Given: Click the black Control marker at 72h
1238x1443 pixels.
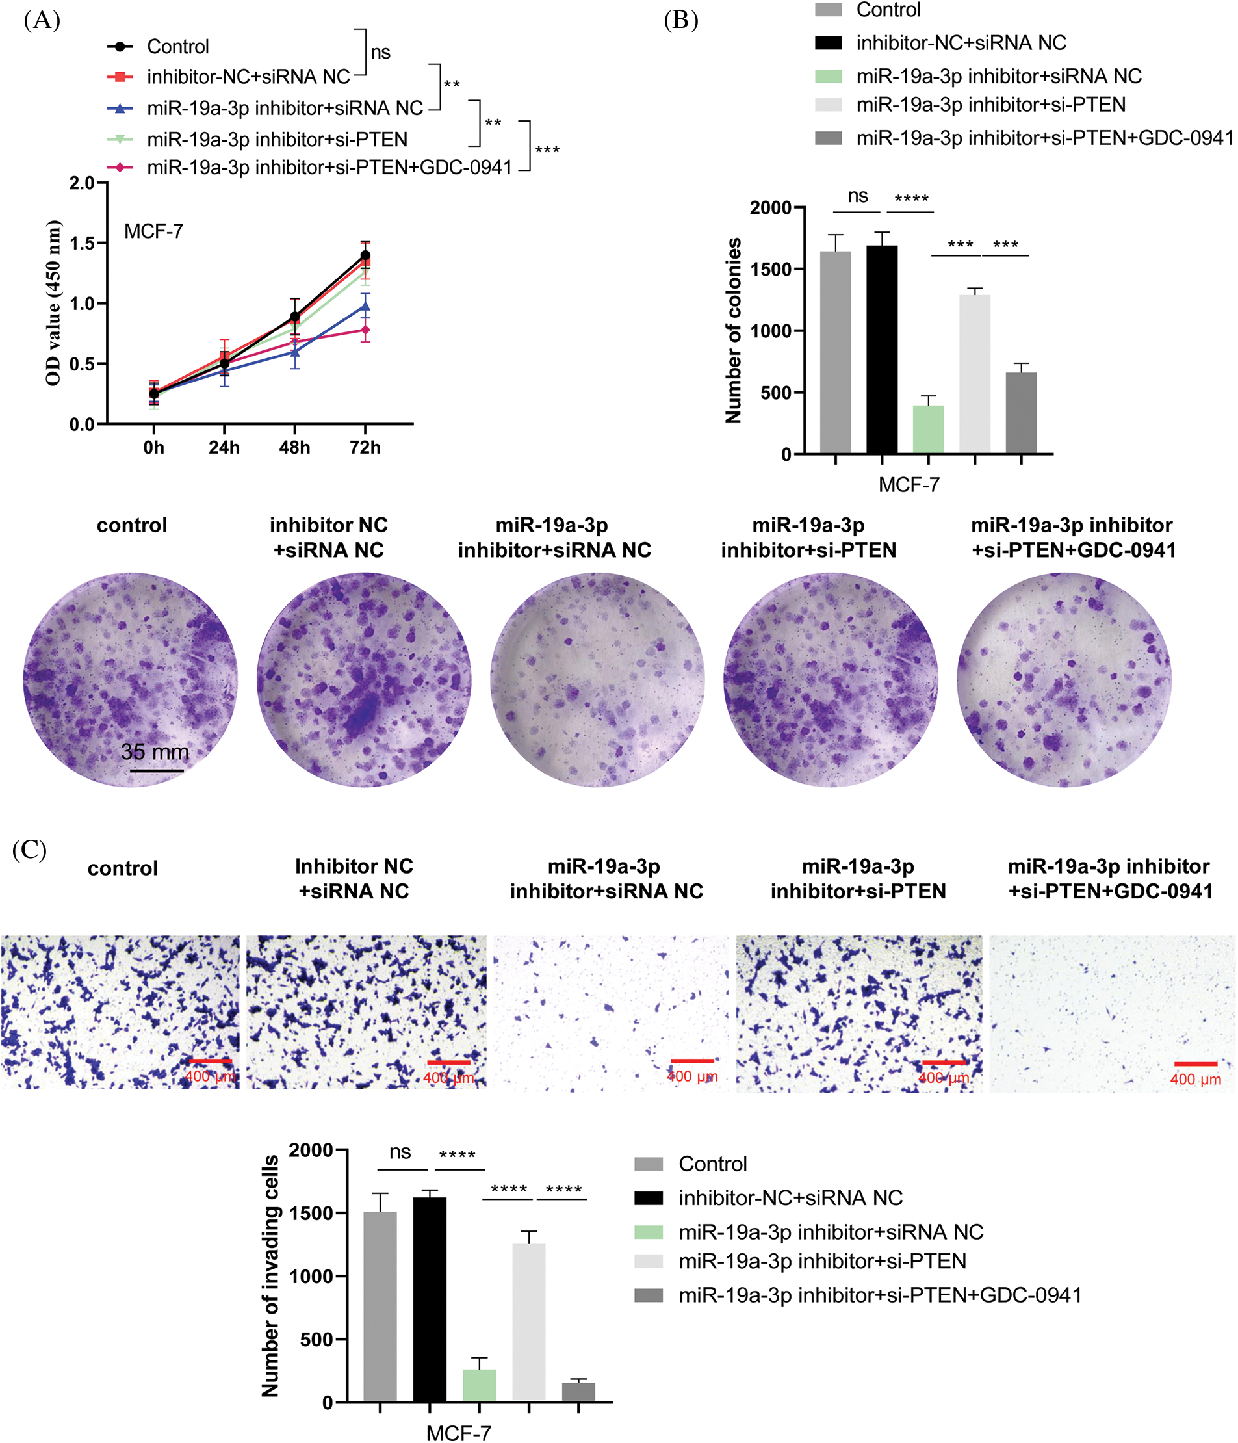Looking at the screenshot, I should [x=365, y=255].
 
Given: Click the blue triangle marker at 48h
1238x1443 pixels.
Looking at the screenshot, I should [x=294, y=352].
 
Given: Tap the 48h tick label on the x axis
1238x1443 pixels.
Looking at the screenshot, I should [x=294, y=448].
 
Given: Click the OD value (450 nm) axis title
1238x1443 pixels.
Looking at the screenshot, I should [x=53, y=303].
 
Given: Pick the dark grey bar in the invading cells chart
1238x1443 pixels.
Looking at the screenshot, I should [x=578, y=1392].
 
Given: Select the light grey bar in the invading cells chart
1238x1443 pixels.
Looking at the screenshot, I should [x=528, y=1323].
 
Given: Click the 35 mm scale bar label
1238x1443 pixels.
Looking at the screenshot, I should [x=155, y=752].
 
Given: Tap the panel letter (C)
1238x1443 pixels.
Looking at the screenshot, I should [x=29, y=850].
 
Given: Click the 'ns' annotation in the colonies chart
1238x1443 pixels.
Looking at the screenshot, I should [x=857, y=196].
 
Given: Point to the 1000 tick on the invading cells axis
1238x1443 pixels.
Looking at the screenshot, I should [x=311, y=1276].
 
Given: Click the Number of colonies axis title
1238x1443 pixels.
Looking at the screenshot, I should [x=732, y=331].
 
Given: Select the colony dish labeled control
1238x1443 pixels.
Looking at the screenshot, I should [x=130, y=680].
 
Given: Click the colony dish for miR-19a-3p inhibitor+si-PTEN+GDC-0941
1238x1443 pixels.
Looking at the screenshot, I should [x=1063, y=680].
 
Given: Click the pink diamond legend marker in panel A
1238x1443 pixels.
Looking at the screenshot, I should [x=120, y=167].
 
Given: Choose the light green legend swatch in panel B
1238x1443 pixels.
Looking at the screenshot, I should [x=828, y=76].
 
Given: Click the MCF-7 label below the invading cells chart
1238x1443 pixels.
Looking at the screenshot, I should [x=458, y=1433].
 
